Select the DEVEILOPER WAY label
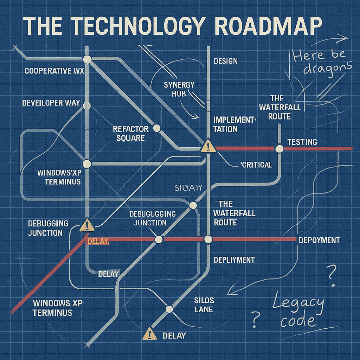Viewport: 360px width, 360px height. [51, 103]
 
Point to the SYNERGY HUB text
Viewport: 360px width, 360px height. [179, 89]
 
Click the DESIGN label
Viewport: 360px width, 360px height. [226, 61]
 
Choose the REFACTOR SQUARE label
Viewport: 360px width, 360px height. [130, 134]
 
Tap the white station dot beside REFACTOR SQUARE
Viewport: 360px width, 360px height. [157, 128]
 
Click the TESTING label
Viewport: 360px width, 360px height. [302, 142]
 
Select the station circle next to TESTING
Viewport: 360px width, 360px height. [279, 149]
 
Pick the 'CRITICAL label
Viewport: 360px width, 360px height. [256, 165]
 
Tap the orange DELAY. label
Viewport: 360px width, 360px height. [98, 242]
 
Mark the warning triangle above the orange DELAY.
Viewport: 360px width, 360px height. [87, 225]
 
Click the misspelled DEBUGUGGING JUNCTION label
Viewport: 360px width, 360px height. [152, 218]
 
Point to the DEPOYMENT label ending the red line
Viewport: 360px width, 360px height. [319, 240]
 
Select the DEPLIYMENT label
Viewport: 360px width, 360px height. [234, 260]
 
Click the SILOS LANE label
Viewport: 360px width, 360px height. [204, 305]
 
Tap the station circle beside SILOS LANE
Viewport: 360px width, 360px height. [169, 309]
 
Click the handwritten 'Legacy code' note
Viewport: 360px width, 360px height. [298, 311]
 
